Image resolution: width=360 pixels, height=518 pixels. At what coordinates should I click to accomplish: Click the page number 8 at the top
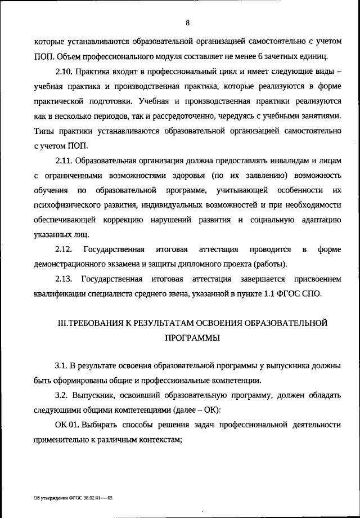[187, 23]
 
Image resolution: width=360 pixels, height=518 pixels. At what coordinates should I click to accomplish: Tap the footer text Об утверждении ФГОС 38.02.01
[73, 498]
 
